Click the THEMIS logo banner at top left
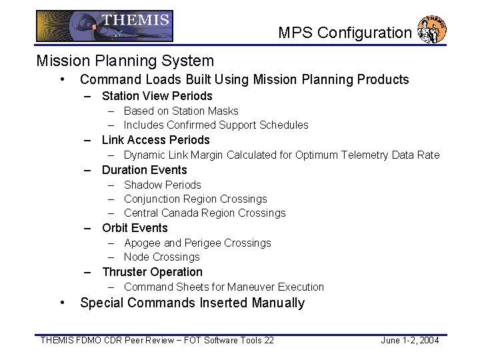104,27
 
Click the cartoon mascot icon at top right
431,29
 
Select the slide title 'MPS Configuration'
345,32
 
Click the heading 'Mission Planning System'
125,61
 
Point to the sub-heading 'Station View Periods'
157,96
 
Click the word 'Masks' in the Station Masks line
223,111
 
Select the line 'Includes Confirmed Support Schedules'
216,125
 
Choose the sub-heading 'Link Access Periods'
155,140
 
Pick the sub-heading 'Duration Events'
144,169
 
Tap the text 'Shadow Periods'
162,185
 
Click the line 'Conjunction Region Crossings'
195,199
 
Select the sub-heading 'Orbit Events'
135,228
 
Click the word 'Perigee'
201,243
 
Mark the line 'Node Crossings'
161,257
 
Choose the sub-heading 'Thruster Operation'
152,272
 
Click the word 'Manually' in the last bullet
278,303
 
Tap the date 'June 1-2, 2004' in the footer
409,341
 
